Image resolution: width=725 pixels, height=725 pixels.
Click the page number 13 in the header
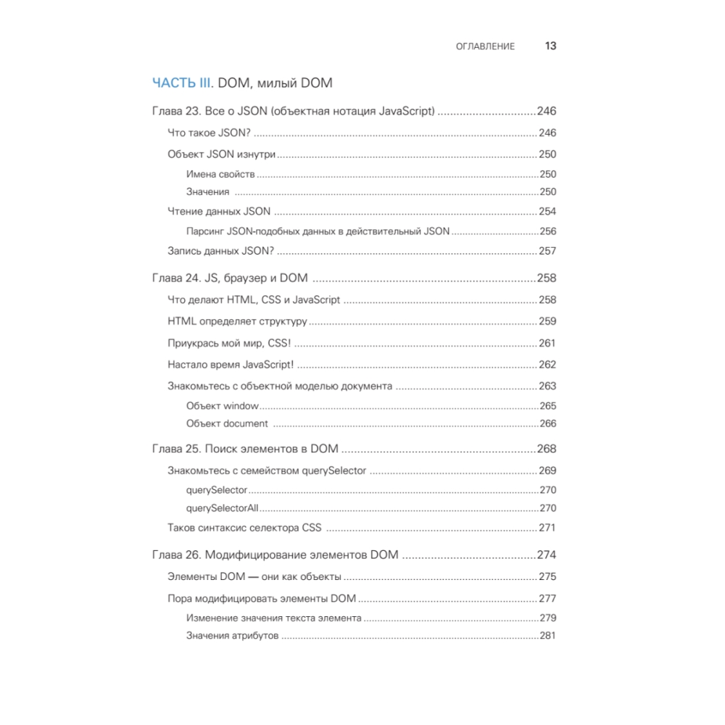coord(550,46)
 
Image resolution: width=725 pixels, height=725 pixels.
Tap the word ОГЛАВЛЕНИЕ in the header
coord(485,46)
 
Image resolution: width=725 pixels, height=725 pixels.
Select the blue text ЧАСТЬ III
coord(181,83)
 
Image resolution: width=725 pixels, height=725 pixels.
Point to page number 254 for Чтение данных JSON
coord(547,212)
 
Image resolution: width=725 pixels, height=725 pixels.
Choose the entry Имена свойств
coord(220,174)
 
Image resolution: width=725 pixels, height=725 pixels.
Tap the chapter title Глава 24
coord(230,278)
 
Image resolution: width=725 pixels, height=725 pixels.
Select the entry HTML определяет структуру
coord(237,321)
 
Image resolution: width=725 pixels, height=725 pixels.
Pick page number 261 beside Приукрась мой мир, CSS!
coord(547,343)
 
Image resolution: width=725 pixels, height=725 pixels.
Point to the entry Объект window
coord(222,406)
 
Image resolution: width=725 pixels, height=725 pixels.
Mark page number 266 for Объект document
coord(548,423)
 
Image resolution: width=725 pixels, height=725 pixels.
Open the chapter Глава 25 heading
coord(245,449)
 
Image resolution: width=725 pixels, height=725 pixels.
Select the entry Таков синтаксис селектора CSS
coord(244,528)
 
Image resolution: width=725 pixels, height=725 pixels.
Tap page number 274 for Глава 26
coord(546,555)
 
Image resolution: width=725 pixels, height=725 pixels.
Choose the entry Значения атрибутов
coord(232,636)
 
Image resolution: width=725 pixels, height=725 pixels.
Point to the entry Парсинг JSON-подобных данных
coord(318,231)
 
